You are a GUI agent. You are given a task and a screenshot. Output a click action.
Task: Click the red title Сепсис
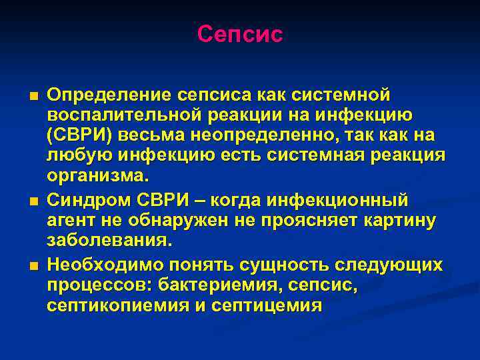click(240, 34)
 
